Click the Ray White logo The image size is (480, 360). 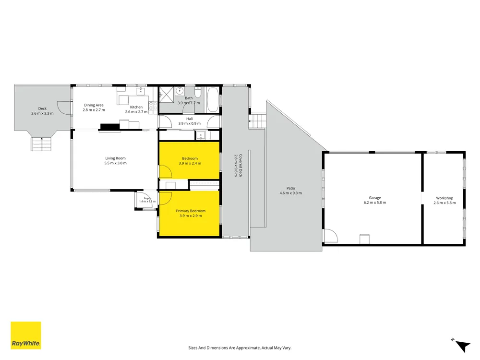pyautogui.click(x=26, y=335)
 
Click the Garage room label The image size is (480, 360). pyautogui.click(x=375, y=198)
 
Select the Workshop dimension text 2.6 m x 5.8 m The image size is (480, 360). pyautogui.click(x=444, y=203)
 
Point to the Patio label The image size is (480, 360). pyautogui.click(x=291, y=188)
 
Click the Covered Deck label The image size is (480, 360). pyautogui.click(x=240, y=165)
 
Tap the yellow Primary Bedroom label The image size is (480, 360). pyautogui.click(x=191, y=211)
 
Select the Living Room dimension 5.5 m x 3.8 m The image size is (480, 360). pyautogui.click(x=115, y=163)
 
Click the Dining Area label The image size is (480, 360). pyautogui.click(x=94, y=105)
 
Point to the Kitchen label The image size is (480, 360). pyautogui.click(x=136, y=107)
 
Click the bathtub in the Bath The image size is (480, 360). pyautogui.click(x=213, y=100)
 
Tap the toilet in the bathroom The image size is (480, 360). pyautogui.click(x=198, y=92)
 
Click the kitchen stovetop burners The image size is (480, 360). pyautogui.click(x=153, y=106)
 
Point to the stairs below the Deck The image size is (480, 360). pyautogui.click(x=41, y=144)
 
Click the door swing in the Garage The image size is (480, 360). pyautogui.click(x=331, y=236)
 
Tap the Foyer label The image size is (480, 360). pyautogui.click(x=147, y=198)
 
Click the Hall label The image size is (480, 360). pyautogui.click(x=190, y=119)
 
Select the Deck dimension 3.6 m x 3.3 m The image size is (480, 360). pyautogui.click(x=42, y=113)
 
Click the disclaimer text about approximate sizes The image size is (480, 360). pyautogui.click(x=240, y=348)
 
